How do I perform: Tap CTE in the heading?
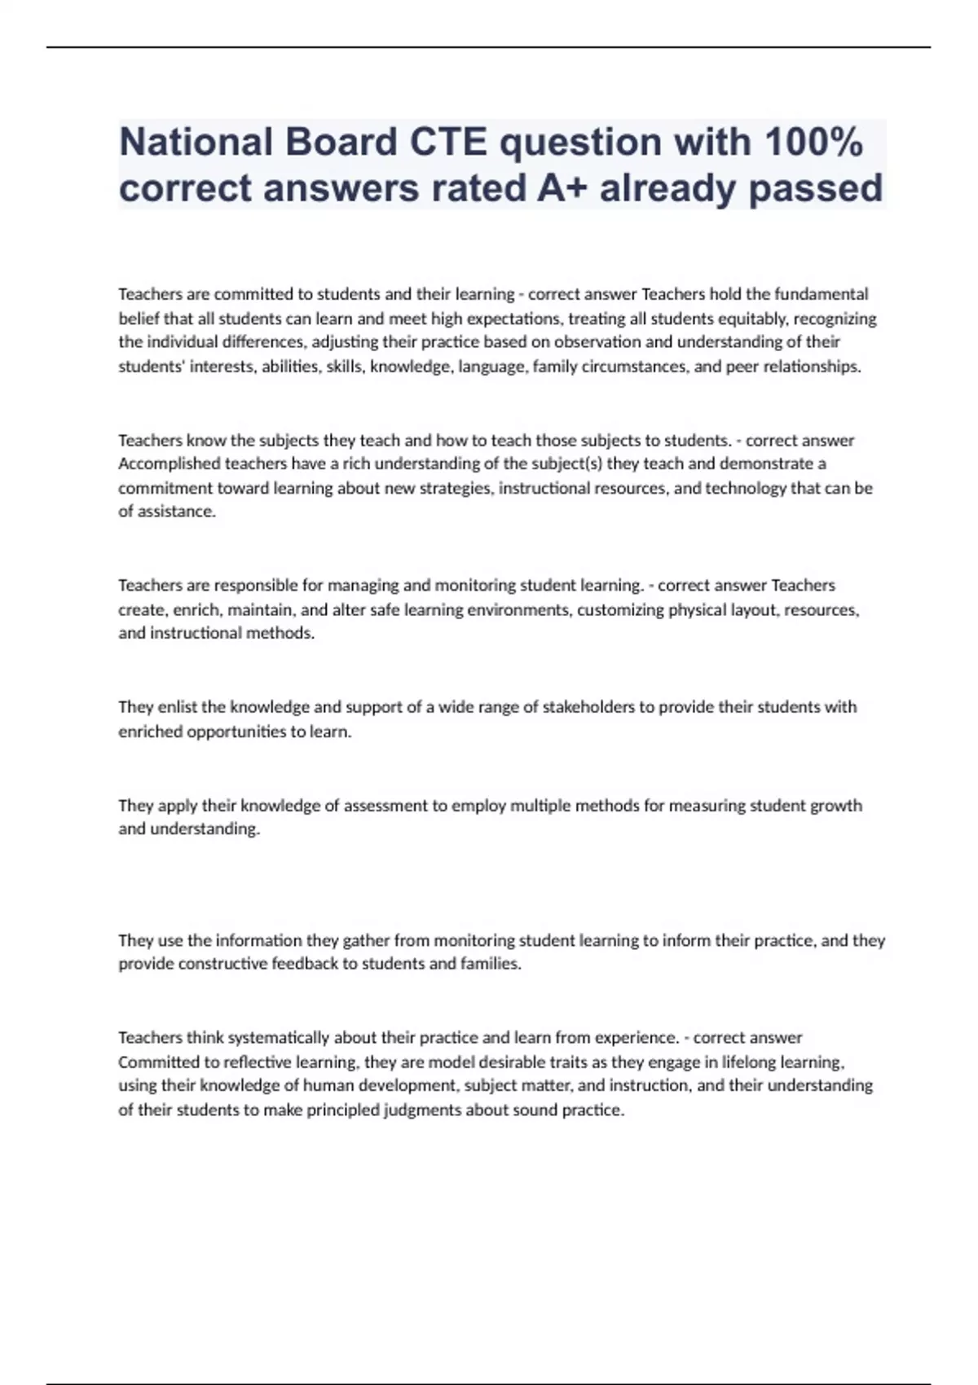click(447, 143)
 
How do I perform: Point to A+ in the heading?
click(562, 188)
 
